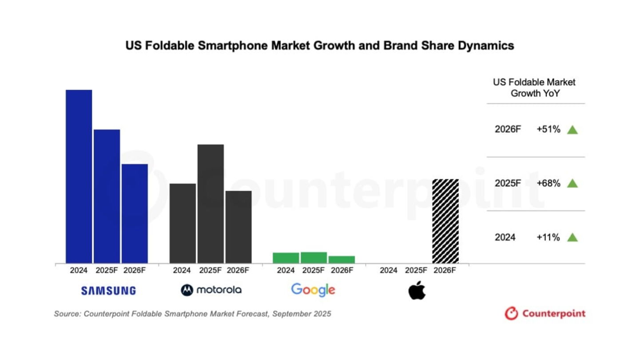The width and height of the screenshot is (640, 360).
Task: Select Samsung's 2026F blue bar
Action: point(135,213)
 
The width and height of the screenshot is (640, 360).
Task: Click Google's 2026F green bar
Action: point(342,260)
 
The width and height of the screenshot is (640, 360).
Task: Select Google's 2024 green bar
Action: point(286,258)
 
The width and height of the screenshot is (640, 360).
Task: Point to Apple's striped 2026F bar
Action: point(445,221)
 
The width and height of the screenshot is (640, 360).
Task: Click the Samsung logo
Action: point(108,291)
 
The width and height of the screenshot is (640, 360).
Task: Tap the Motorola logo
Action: point(211,290)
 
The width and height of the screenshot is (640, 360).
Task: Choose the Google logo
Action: point(313,290)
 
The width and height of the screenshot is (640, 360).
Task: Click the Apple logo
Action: point(417,290)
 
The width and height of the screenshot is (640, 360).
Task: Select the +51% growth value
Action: point(548,130)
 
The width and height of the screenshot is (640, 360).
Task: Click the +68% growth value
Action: point(548,183)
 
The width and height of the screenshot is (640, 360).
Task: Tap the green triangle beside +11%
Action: point(572,237)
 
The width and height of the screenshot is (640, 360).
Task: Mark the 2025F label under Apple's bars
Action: point(417,270)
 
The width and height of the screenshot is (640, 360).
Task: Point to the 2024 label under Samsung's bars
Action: point(79,270)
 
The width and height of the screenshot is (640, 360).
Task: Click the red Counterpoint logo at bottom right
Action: point(545,313)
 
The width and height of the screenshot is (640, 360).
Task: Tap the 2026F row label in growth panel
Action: point(508,130)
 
